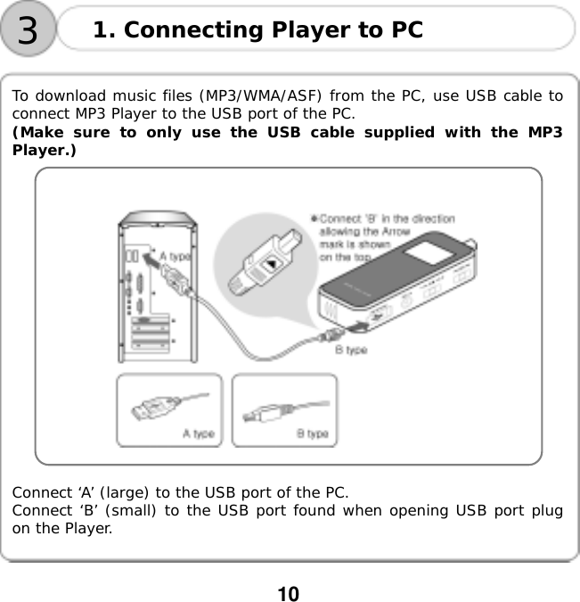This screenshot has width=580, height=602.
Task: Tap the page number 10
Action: (x=287, y=594)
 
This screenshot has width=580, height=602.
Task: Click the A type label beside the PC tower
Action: (x=174, y=256)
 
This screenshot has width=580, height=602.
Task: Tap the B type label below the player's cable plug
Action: (x=350, y=350)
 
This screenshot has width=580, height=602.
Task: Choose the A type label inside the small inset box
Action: (x=198, y=434)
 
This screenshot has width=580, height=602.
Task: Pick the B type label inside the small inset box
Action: (x=312, y=434)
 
